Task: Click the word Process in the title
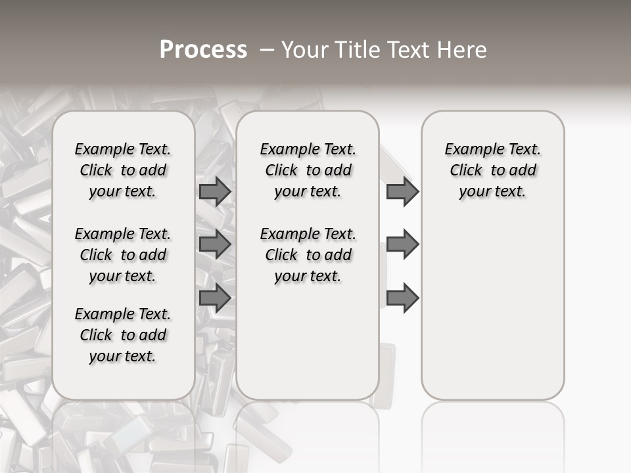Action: (203, 49)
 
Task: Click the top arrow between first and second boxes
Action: (214, 191)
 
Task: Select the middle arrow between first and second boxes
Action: (214, 244)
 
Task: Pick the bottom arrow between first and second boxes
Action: (214, 298)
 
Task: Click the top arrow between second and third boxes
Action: (402, 191)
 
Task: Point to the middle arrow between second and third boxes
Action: (402, 244)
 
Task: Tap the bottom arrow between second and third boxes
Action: (402, 298)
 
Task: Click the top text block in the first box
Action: (123, 170)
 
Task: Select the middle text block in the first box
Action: (123, 255)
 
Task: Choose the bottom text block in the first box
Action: (123, 335)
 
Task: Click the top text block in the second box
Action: (308, 170)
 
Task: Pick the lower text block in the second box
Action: (308, 255)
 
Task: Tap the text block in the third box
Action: (493, 170)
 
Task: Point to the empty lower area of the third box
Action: (493, 302)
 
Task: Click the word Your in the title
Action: (300, 49)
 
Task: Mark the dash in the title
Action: (266, 49)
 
